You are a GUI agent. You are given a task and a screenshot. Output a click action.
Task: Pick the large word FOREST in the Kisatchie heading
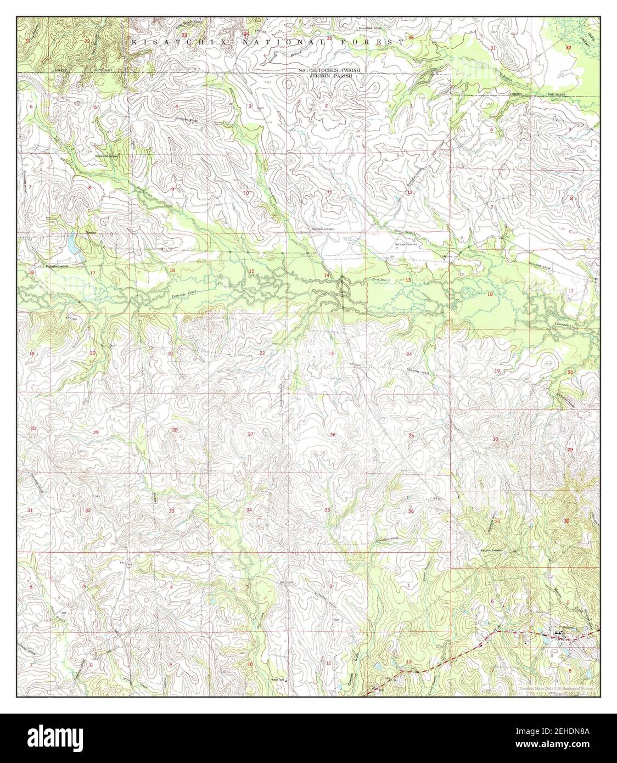378,42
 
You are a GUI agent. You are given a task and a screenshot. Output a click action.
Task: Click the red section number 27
251,435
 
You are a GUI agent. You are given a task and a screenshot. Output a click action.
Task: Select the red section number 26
333,435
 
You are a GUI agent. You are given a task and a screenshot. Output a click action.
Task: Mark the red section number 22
262,353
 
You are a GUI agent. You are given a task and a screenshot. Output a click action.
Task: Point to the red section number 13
408,280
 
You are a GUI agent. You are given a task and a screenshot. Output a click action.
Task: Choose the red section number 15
251,271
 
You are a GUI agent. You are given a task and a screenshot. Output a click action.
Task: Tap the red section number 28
175,430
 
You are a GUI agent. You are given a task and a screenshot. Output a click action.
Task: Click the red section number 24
409,355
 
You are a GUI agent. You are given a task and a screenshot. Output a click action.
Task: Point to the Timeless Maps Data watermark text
557,687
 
